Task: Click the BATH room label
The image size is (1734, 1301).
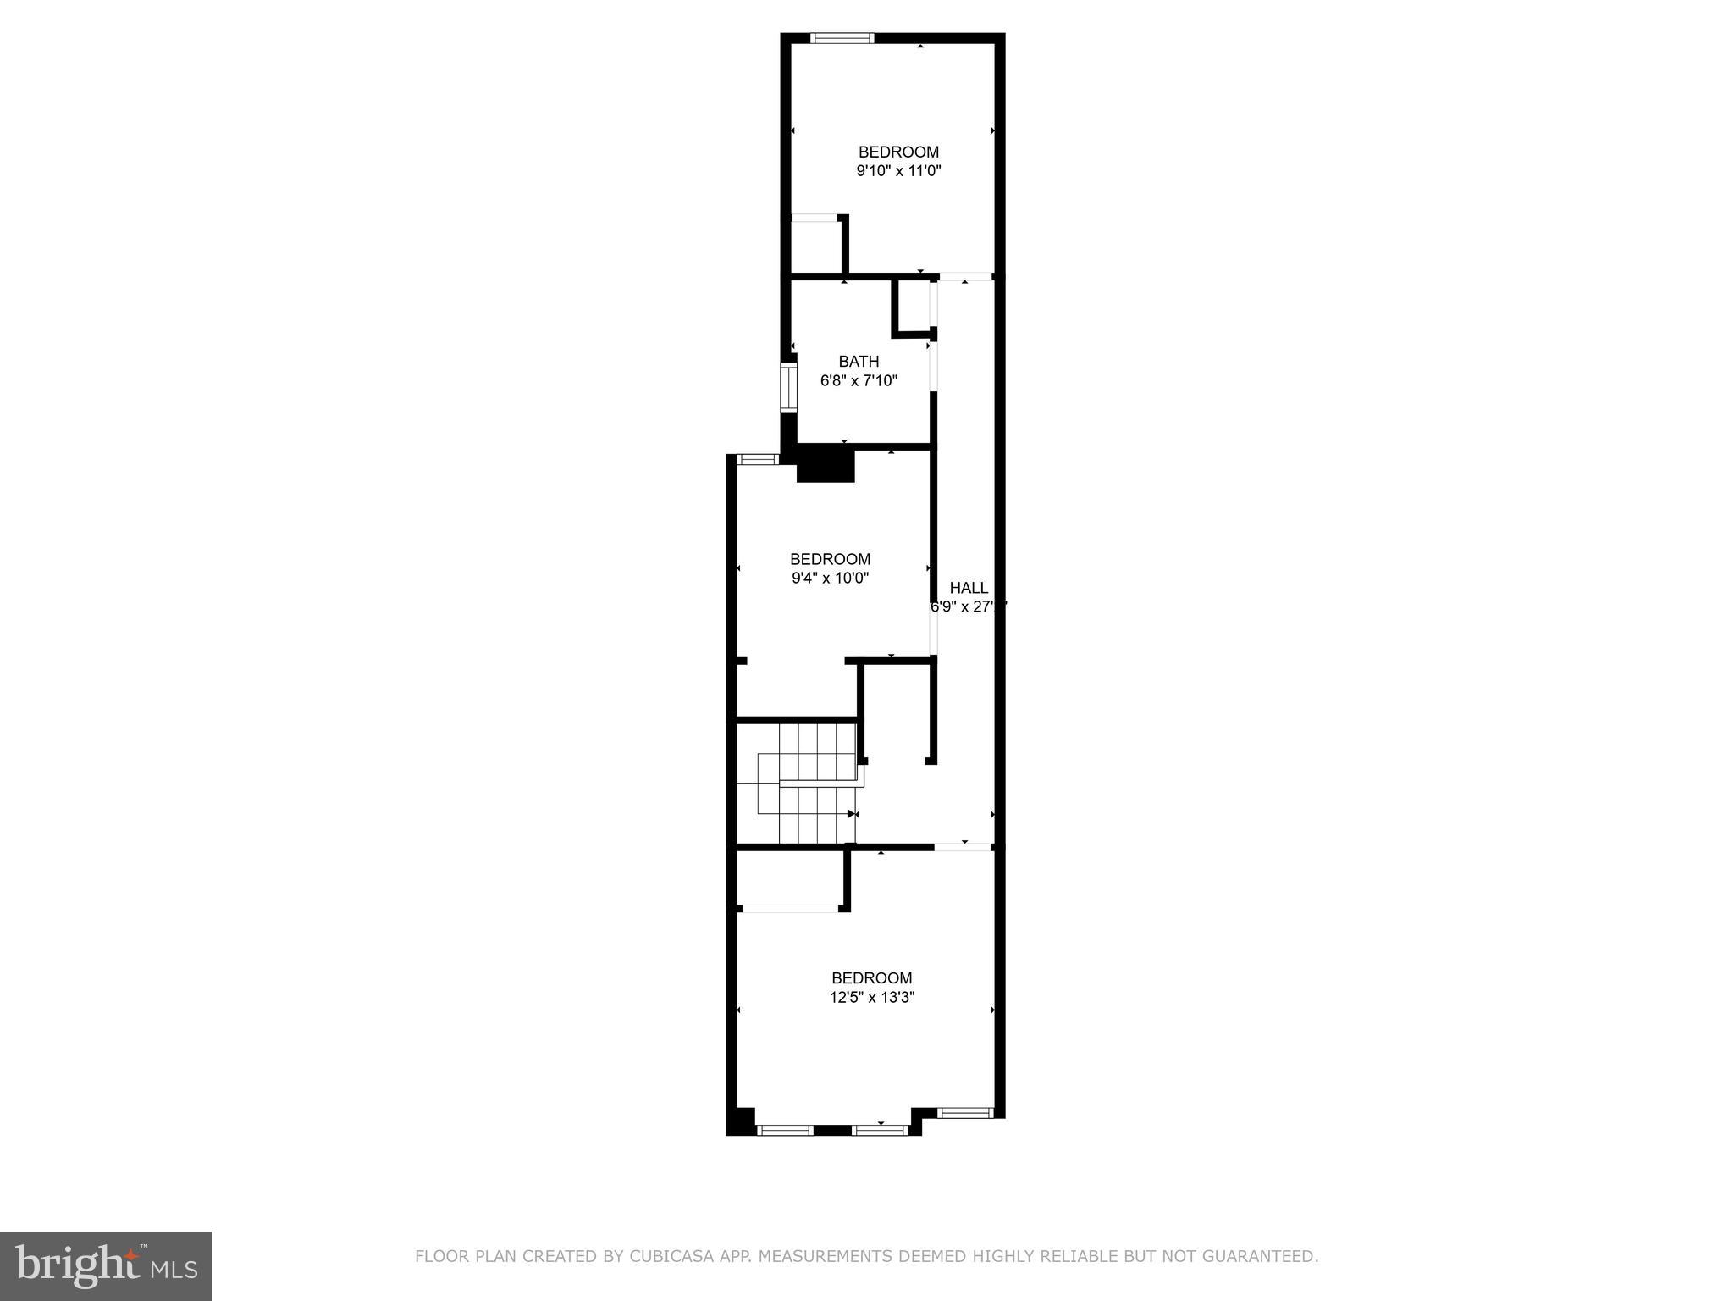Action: [859, 362]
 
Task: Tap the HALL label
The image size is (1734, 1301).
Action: [969, 588]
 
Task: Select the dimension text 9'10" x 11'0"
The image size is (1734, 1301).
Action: [898, 171]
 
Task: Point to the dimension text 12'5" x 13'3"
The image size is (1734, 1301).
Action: [871, 998]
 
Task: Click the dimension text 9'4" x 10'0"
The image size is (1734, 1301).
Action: [830, 579]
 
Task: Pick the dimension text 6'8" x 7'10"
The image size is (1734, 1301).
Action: [859, 381]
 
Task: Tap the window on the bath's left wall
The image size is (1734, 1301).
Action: [788, 387]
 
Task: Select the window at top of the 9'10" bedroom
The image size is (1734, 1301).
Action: [842, 37]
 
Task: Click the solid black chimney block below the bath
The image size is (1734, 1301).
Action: [826, 465]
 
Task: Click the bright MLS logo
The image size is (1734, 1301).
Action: [105, 1265]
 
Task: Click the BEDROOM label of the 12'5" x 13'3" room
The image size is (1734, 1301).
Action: [871, 978]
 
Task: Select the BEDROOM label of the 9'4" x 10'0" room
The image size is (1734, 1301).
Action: [830, 559]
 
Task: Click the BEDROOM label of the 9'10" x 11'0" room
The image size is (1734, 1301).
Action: [898, 152]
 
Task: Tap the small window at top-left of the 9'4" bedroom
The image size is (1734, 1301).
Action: [757, 459]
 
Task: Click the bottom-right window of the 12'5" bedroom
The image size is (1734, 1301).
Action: [965, 1112]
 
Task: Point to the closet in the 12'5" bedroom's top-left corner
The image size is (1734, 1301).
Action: [790, 877]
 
